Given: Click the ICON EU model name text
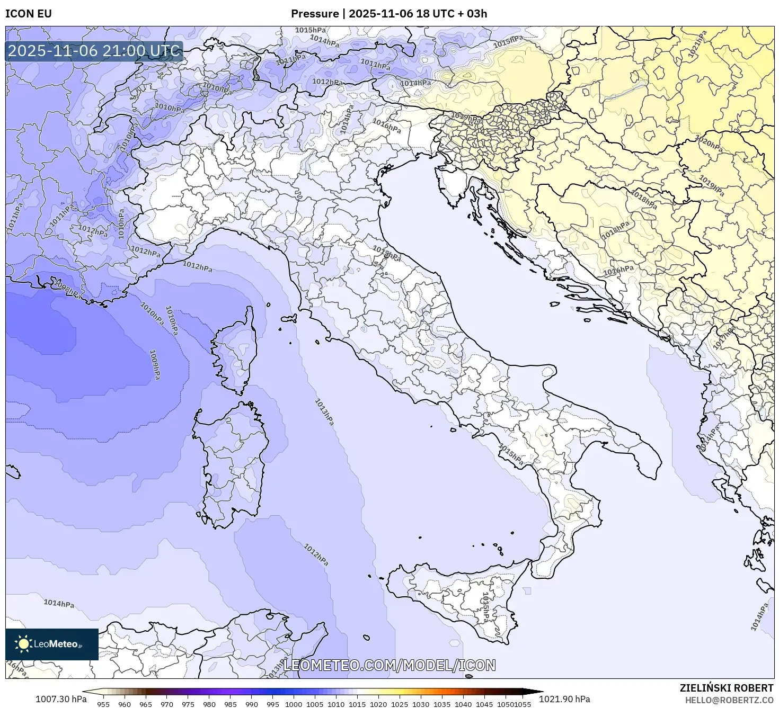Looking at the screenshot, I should click(x=29, y=14).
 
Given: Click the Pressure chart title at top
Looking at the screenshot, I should click(x=389, y=14).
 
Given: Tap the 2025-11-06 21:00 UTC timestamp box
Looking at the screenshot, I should click(x=94, y=51).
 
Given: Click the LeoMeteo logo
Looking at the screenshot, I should click(x=51, y=644).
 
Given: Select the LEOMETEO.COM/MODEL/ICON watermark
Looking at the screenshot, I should click(x=389, y=665).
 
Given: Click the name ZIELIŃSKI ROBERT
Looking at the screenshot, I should click(x=727, y=688).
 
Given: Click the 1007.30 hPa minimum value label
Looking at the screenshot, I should click(x=61, y=698).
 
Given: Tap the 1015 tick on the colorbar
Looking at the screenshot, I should click(x=357, y=704).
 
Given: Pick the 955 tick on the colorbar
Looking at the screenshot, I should click(x=103, y=704).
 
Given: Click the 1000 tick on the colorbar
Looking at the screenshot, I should click(x=294, y=704).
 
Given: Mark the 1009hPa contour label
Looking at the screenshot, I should click(x=155, y=364).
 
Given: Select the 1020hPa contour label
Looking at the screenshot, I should click(x=709, y=144).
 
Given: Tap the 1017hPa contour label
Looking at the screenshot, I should click(x=724, y=337).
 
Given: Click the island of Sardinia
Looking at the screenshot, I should click(x=231, y=461).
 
